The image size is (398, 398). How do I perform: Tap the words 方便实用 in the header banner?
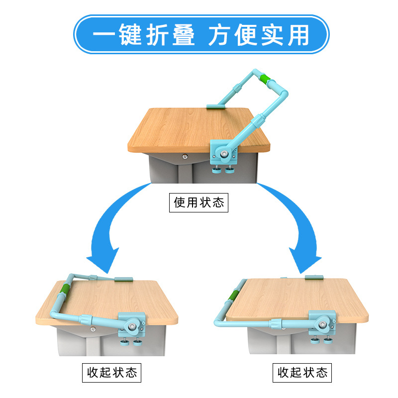click(259, 35)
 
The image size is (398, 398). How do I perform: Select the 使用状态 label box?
click(199, 202)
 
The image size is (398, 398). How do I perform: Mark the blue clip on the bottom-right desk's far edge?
click(314, 277)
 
